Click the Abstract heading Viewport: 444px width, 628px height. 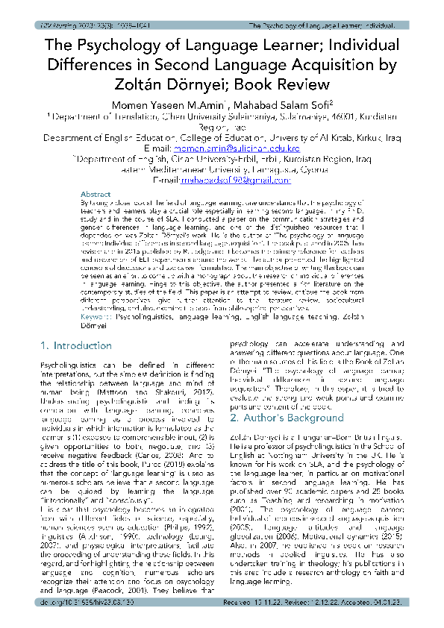coord(96,192)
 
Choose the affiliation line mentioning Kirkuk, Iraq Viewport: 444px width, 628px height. coord(222,138)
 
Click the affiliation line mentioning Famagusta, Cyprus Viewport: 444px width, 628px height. coord(222,169)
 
